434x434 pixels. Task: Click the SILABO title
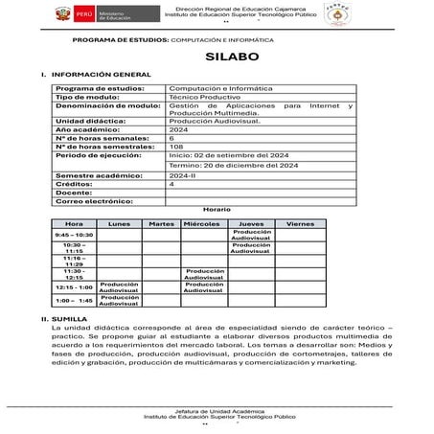[x=218, y=57]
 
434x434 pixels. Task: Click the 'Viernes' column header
[x=300, y=223]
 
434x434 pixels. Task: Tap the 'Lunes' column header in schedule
[x=119, y=223]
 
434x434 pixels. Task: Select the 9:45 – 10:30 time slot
[x=74, y=234]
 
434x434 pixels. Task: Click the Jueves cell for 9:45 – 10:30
[x=252, y=234]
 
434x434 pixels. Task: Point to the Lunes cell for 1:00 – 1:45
[x=119, y=300]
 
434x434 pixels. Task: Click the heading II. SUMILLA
[x=58, y=316]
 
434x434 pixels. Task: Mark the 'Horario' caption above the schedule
[x=217, y=210]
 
